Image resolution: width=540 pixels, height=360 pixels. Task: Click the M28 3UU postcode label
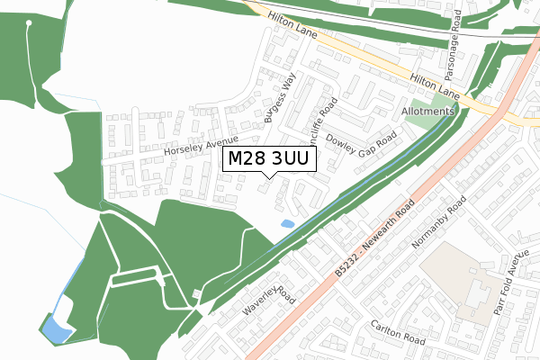267,159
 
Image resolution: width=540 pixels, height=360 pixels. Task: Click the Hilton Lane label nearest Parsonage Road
435,86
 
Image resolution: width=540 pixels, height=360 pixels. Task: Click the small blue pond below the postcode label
287,223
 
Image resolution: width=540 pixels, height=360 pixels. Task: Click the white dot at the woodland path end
30,22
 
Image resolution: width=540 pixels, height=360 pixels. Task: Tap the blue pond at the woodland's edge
58,330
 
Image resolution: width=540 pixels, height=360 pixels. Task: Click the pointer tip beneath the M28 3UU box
263,177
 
